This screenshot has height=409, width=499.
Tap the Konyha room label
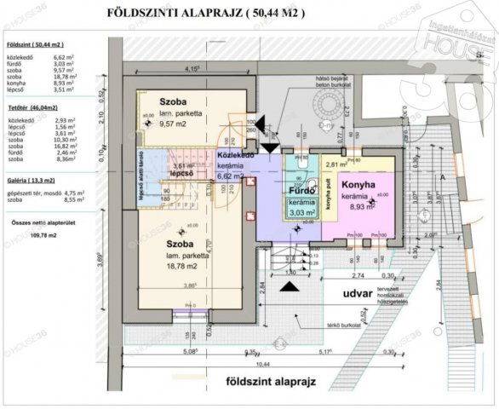coord(359,184)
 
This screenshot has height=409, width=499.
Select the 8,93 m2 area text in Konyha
coord(359,205)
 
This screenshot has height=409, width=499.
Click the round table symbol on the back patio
coord(327,106)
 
